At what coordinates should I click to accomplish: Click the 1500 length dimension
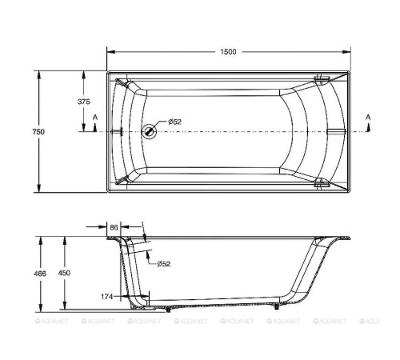click(x=228, y=52)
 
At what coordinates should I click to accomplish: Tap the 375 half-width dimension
click(x=84, y=102)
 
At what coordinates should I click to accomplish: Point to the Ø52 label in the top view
click(x=174, y=122)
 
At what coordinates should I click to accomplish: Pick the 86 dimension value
click(x=114, y=228)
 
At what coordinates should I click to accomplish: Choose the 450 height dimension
click(x=66, y=273)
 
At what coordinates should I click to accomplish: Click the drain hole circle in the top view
click(x=147, y=131)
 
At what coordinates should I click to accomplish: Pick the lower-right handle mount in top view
click(x=322, y=183)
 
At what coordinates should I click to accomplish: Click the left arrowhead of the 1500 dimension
click(x=110, y=52)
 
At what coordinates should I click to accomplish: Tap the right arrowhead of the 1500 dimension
click(x=348, y=52)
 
